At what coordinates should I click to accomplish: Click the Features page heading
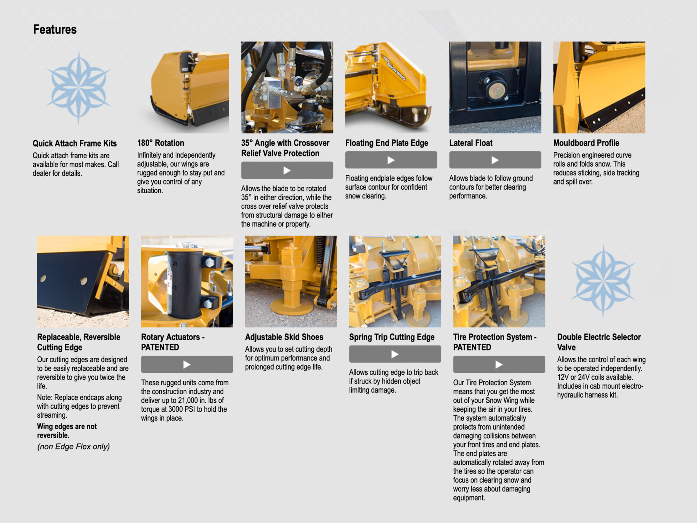point(55,30)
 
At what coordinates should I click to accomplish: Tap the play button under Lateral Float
point(495,160)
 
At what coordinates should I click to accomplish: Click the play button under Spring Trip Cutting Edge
point(395,354)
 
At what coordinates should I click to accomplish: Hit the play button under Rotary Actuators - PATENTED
point(187,365)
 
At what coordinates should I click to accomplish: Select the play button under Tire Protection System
point(499,365)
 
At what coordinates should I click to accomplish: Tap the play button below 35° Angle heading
point(287,170)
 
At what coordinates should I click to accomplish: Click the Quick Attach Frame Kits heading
point(75,143)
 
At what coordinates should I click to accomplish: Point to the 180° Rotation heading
point(160,143)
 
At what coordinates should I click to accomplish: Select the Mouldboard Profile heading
point(586,143)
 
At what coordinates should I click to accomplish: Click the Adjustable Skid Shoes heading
point(284,337)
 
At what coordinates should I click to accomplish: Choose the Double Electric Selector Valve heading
point(598,342)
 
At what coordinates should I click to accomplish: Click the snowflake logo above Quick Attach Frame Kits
point(79,87)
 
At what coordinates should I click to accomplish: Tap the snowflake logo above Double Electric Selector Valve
point(603,281)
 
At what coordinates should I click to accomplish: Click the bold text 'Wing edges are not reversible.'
point(67,431)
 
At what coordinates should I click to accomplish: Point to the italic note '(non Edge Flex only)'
point(73,447)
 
